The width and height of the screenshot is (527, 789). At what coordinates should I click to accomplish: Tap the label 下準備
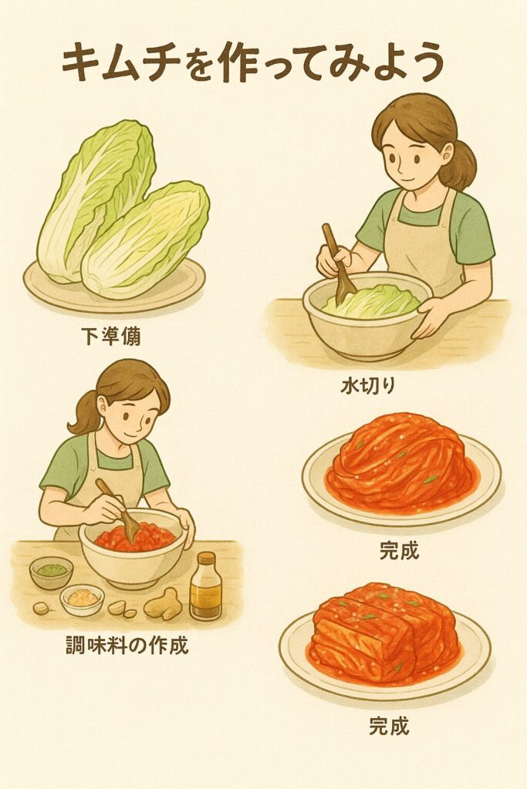pos(111,336)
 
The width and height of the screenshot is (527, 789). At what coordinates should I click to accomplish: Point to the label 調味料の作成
pos(127,645)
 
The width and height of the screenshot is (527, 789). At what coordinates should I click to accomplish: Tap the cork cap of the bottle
pos(206,558)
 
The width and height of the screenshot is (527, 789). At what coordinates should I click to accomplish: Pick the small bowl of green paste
pos(52,572)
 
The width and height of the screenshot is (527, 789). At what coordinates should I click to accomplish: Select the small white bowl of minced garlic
pos(82,599)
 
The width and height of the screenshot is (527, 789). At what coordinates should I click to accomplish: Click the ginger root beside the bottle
pos(163,603)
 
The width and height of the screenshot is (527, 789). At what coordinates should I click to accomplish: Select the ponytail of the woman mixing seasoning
pos(85,413)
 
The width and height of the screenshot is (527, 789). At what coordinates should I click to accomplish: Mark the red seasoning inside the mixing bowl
pos(134,536)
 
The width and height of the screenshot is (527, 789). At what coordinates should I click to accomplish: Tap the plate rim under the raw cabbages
pos(114,297)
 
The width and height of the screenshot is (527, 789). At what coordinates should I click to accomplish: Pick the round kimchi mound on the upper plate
pos(400,462)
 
